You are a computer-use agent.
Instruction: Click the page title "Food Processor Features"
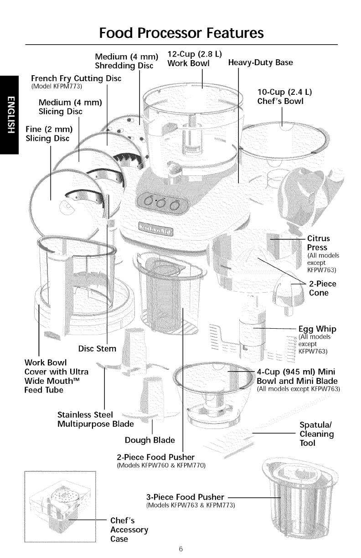[x=181, y=33]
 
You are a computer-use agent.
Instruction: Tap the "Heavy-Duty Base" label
[x=261, y=62]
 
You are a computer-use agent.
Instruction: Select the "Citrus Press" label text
[x=319, y=243]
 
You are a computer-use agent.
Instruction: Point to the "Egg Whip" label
[x=317, y=329]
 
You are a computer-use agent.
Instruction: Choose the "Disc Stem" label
[x=98, y=349]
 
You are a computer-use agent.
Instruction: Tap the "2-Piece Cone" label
[x=322, y=288]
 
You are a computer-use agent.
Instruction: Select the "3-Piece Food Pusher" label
[x=185, y=496]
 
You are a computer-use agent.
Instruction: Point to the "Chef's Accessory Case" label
[x=129, y=530]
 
